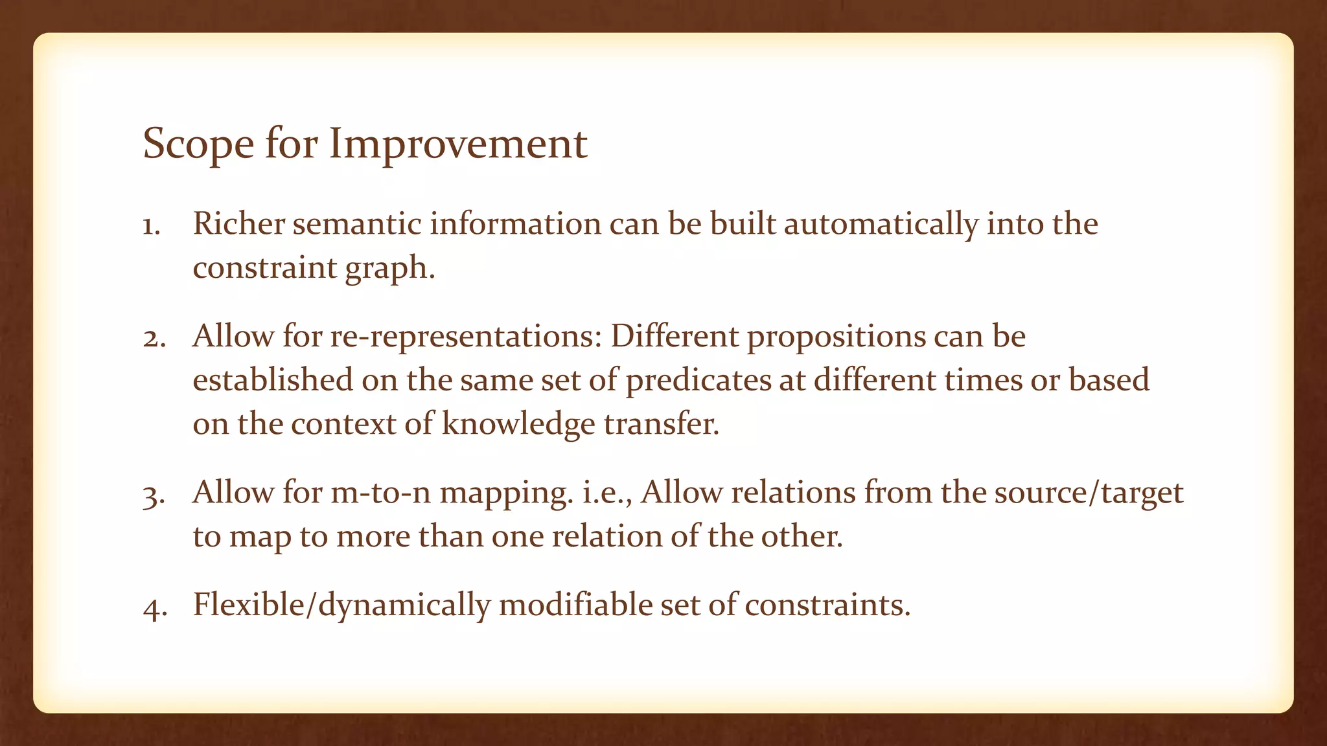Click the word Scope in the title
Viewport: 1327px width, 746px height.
point(198,144)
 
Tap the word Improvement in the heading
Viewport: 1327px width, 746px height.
point(458,144)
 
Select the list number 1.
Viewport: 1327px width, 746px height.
point(151,227)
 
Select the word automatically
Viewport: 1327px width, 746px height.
point(881,224)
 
